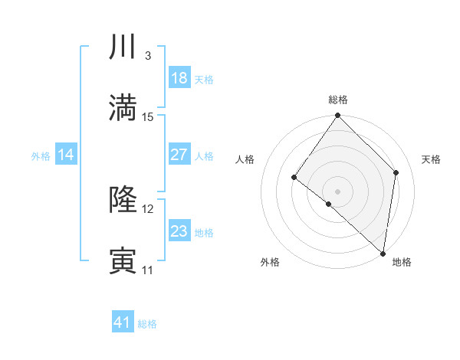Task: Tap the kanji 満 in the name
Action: click(123, 108)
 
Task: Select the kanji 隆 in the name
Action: click(123, 200)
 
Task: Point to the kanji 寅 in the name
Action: click(123, 261)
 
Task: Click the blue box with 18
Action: click(179, 78)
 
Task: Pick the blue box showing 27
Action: click(179, 155)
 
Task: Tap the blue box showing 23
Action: click(179, 231)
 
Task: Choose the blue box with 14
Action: click(66, 155)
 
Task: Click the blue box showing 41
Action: click(123, 322)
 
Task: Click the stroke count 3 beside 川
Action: click(147, 56)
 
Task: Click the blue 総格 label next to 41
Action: click(147, 324)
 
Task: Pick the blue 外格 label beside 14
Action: click(41, 156)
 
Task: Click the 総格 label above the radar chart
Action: click(338, 100)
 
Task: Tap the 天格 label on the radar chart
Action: click(431, 159)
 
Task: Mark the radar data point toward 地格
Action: click(383, 253)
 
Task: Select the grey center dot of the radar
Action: click(337, 191)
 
